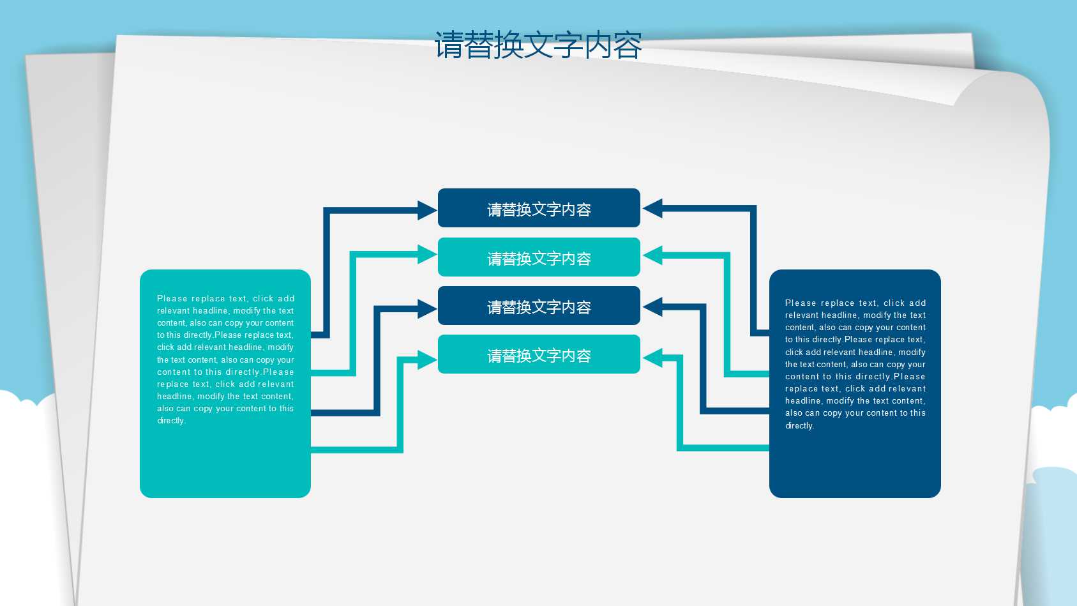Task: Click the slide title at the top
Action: click(538, 45)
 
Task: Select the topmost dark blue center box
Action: click(539, 208)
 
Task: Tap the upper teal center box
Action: click(539, 257)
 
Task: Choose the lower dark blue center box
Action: click(539, 306)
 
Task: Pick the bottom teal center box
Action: click(539, 354)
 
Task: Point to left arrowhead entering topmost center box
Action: click(427, 210)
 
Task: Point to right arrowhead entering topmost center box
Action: click(652, 208)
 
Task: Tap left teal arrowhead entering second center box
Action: click(427, 254)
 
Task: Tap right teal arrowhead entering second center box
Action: click(652, 255)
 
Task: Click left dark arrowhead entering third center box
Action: click(427, 309)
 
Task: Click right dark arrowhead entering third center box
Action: click(652, 307)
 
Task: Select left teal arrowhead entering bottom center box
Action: click(427, 360)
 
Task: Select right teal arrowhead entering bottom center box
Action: click(652, 358)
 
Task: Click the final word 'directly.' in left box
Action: click(171, 421)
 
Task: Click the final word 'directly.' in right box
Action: click(799, 426)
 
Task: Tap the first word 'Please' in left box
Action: click(172, 298)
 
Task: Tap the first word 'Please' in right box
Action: click(800, 303)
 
